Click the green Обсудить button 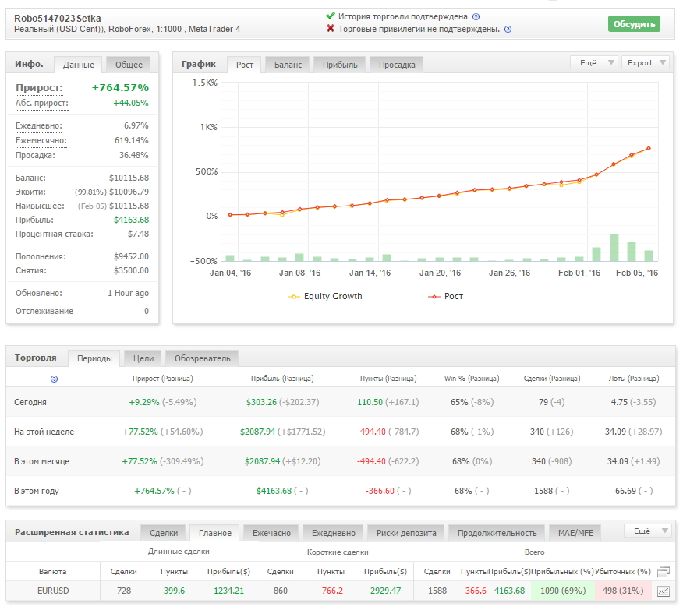pyautogui.click(x=634, y=24)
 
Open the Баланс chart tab pyautogui.click(x=288, y=65)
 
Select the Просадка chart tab pyautogui.click(x=397, y=65)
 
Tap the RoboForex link pyautogui.click(x=129, y=29)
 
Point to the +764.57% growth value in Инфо pyautogui.click(x=120, y=87)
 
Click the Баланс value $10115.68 pyautogui.click(x=129, y=178)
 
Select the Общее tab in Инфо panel pyautogui.click(x=129, y=65)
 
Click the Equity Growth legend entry pyautogui.click(x=325, y=296)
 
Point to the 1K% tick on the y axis pyautogui.click(x=209, y=127)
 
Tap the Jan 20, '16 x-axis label pyautogui.click(x=440, y=273)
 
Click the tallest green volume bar pyautogui.click(x=614, y=248)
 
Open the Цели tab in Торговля pyautogui.click(x=143, y=358)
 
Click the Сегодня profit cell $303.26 pyautogui.click(x=261, y=402)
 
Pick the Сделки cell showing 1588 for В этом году pyautogui.click(x=543, y=491)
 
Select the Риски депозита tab pyautogui.click(x=406, y=533)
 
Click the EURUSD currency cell pyautogui.click(x=53, y=591)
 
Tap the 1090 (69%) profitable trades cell pyautogui.click(x=563, y=591)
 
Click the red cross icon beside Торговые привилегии pyautogui.click(x=331, y=29)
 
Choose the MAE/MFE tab pyautogui.click(x=575, y=533)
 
